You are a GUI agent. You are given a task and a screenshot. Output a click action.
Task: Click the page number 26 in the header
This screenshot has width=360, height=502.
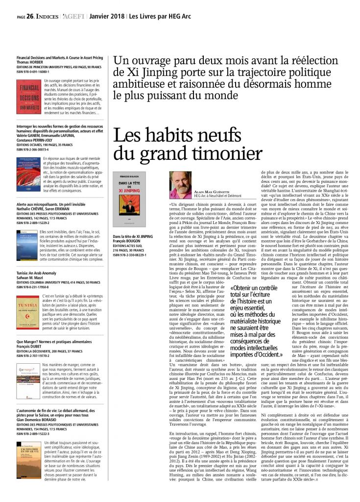(x=30, y=16)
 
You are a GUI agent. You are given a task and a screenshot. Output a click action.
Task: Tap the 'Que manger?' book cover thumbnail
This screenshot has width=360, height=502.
(x=28, y=380)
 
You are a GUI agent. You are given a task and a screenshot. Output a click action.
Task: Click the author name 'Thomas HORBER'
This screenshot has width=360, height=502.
(x=30, y=62)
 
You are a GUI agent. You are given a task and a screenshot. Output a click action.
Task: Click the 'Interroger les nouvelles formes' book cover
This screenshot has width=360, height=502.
(x=28, y=174)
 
